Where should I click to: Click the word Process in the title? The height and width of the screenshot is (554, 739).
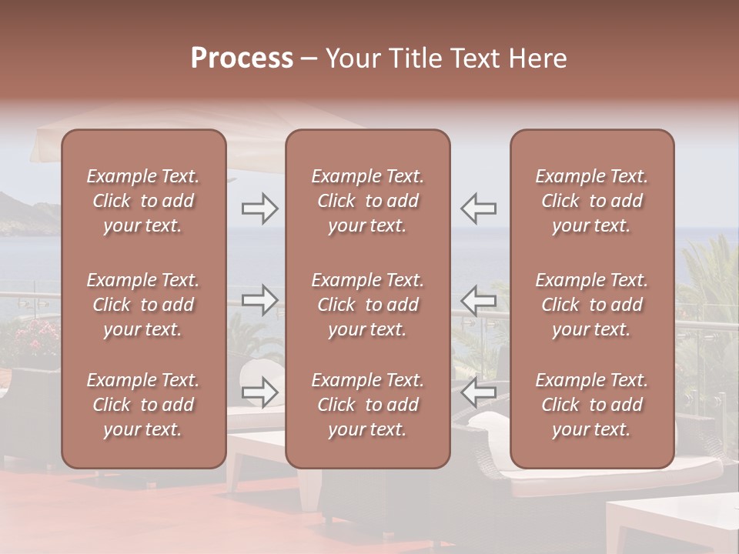242,58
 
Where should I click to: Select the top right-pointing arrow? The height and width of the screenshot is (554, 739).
260,209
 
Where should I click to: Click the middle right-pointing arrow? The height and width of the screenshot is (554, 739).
260,300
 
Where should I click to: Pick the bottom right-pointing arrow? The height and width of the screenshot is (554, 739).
260,392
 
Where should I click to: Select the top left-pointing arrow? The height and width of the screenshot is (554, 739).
479,209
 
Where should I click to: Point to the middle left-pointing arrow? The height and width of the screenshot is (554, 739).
479,300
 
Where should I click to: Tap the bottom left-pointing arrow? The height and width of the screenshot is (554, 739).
479,392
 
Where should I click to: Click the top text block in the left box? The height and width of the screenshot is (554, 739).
143,201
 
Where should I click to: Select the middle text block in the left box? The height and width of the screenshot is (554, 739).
143,305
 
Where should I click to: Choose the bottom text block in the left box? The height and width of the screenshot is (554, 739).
143,405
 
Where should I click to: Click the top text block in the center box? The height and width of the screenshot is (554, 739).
368,201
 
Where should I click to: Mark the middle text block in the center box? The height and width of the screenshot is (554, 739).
368,305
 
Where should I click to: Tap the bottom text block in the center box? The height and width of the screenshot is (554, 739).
368,405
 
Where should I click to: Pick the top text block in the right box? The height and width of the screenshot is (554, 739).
592,201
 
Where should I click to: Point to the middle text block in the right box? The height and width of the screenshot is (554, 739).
592,305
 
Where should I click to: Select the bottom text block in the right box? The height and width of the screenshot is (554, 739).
592,405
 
